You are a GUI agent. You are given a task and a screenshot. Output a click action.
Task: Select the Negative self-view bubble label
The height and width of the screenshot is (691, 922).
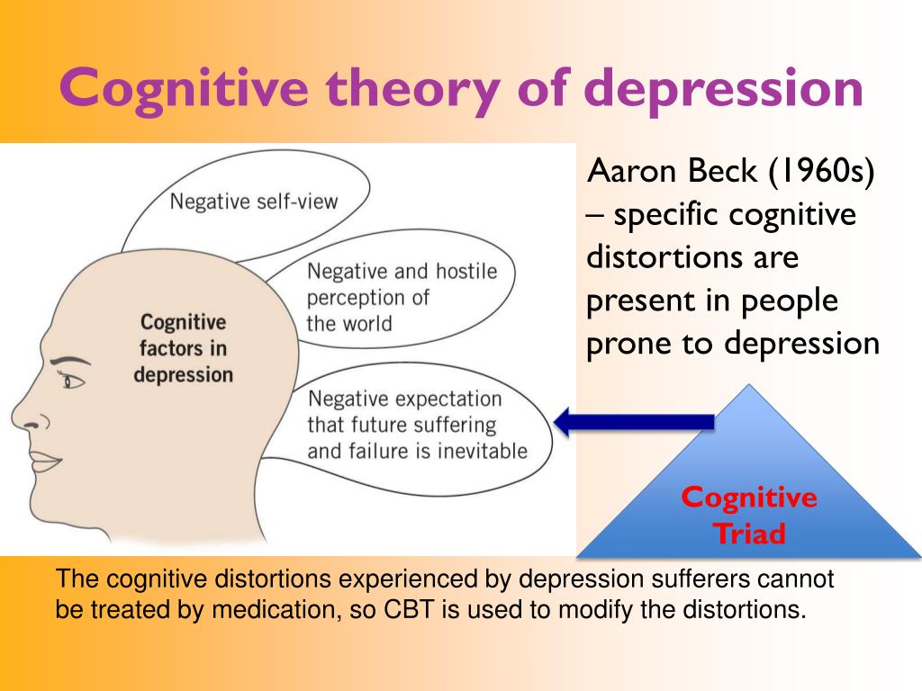pos(253,202)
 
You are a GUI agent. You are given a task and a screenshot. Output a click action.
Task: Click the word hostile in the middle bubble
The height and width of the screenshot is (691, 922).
pos(466,271)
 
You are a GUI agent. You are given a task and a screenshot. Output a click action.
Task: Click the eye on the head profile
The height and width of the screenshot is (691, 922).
pos(72,381)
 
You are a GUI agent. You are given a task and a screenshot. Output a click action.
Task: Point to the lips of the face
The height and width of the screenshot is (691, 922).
pos(45,462)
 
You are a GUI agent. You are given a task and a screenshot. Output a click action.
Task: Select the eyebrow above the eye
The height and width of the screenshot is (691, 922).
pos(70,361)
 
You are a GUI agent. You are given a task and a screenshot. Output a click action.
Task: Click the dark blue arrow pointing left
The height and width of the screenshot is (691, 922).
pos(634,422)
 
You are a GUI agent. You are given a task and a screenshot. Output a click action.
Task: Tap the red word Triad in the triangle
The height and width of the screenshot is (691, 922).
pos(749,534)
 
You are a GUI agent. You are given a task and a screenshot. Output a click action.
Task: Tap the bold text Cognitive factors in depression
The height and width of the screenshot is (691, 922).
pos(183,348)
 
